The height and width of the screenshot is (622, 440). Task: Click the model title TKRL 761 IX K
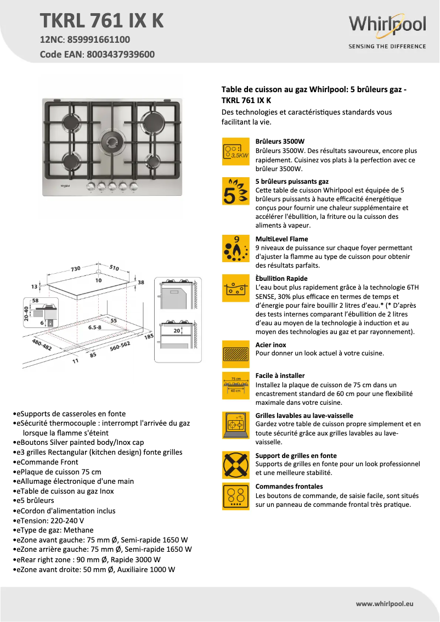[x=102, y=20]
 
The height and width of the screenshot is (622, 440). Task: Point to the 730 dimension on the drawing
[x=75, y=269]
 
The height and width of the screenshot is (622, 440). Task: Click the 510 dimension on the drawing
[x=114, y=268]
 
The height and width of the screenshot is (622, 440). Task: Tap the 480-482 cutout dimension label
[x=42, y=346]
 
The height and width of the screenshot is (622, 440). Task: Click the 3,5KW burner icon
[x=236, y=151]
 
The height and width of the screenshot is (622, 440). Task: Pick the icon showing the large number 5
[x=236, y=191]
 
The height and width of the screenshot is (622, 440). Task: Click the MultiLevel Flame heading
[x=281, y=239]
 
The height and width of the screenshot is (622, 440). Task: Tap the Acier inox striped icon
[x=236, y=354]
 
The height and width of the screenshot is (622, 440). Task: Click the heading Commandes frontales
[x=289, y=487]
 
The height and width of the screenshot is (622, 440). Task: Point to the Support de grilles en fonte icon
[x=236, y=465]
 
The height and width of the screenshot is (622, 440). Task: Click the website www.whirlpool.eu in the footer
[x=385, y=603]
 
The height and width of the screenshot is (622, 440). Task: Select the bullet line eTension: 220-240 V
[x=48, y=521]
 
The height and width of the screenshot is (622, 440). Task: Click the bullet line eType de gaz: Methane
[x=53, y=530]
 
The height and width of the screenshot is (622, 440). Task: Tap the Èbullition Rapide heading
[x=281, y=279]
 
